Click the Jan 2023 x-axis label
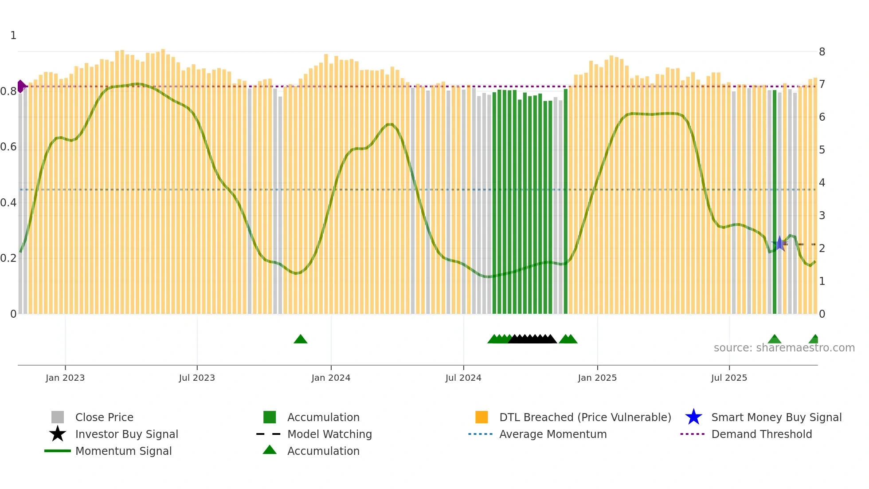(x=65, y=378)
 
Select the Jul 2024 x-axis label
(x=463, y=378)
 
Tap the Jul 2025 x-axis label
(x=729, y=378)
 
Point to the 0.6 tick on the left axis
(x=8, y=147)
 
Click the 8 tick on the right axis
(x=822, y=52)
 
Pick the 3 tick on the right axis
(x=822, y=216)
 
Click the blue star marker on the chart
(x=779, y=244)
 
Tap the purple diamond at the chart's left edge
(x=21, y=86)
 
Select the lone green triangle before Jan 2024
(x=301, y=339)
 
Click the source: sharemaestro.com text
(x=784, y=348)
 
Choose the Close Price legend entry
(x=104, y=417)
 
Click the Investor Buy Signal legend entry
(x=126, y=434)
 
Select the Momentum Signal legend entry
(x=123, y=451)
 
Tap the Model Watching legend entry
(x=329, y=434)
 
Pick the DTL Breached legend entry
(x=585, y=417)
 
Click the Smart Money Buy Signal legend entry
(x=776, y=417)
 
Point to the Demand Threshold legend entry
(x=761, y=434)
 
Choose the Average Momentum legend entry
(x=553, y=434)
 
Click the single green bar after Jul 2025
(x=775, y=202)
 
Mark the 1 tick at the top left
(x=13, y=35)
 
